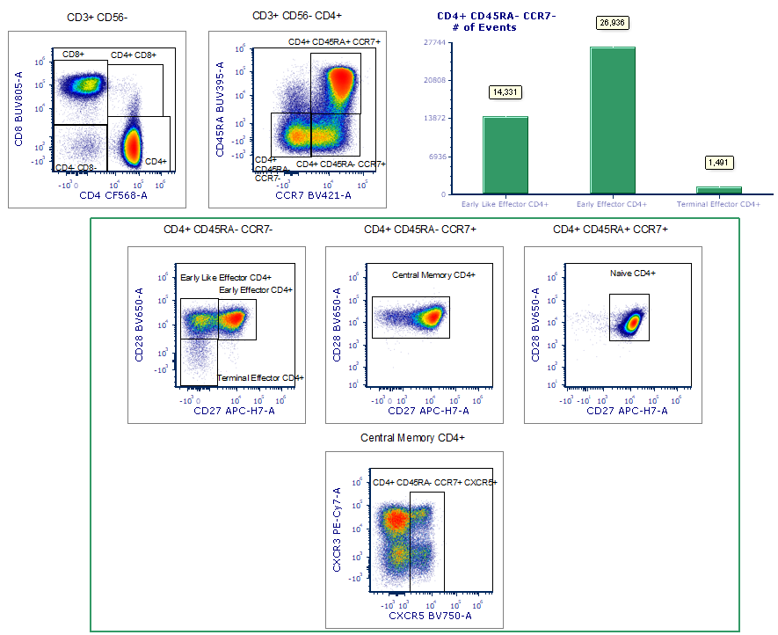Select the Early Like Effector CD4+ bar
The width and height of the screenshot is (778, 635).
[x=505, y=155]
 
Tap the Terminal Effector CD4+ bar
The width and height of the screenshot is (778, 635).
[x=720, y=190]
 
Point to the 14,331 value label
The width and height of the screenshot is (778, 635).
[x=505, y=91]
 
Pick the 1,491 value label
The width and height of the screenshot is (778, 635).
[x=720, y=163]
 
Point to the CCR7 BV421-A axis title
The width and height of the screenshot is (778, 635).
[x=313, y=194]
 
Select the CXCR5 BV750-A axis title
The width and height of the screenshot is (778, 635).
[x=430, y=616]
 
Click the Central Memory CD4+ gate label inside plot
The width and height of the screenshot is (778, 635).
[x=433, y=275]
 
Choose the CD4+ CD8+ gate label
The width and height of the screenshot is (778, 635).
[x=135, y=55]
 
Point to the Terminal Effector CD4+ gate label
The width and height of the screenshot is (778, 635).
[x=260, y=377]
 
